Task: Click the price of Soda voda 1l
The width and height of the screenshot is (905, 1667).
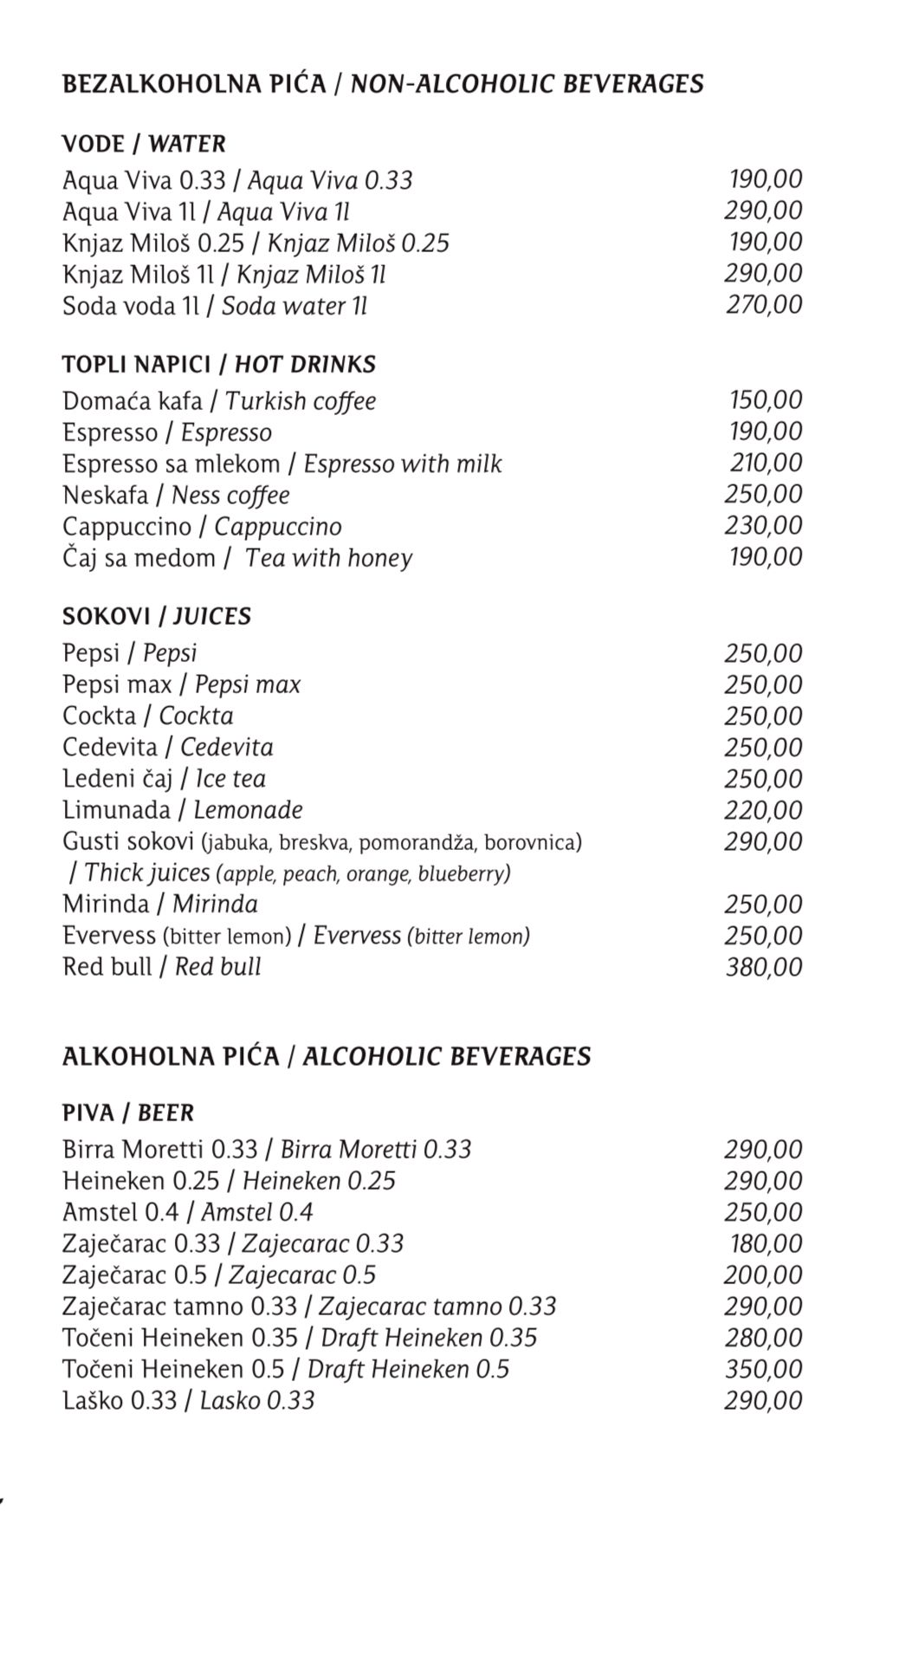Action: pos(764,305)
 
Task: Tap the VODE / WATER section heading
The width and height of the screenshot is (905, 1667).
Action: pos(144,144)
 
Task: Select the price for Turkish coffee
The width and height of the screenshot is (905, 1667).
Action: pos(766,400)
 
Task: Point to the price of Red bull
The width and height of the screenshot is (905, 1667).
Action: pos(764,967)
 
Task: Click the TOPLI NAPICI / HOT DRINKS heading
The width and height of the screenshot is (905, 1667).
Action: pos(218,364)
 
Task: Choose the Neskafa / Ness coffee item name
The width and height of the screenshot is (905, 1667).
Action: pos(176,495)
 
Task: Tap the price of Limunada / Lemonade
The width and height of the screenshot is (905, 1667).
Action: pos(764,810)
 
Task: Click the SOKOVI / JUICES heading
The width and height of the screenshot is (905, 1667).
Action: pos(156,617)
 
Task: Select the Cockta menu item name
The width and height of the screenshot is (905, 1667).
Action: pos(147,717)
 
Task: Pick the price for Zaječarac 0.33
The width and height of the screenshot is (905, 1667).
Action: pos(766,1244)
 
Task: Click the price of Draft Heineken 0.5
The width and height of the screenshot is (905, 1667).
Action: pos(764,1369)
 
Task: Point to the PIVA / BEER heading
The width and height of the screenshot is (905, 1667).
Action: pos(128,1112)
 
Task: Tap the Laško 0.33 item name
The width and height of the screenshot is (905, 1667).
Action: pos(188,1401)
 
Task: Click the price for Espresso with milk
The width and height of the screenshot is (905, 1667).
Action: pos(766,463)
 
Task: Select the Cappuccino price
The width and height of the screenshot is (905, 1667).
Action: pos(764,526)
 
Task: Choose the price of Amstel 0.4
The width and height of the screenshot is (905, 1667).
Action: pos(764,1212)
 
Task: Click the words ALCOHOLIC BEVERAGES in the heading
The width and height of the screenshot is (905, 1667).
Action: pos(446,1056)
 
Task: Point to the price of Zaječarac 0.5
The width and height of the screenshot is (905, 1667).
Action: pos(764,1275)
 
